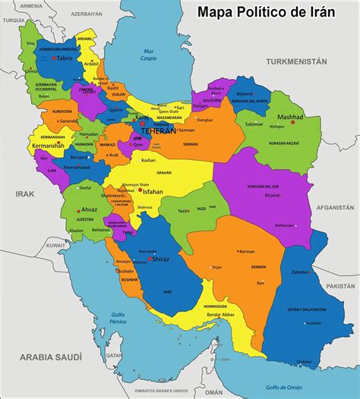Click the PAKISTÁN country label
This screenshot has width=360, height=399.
pyautogui.click(x=341, y=287)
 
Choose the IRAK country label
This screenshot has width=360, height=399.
pyautogui.click(x=25, y=194)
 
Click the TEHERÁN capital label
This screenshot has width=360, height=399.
pyautogui.click(x=158, y=131)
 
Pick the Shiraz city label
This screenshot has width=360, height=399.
pyautogui.click(x=160, y=259)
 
